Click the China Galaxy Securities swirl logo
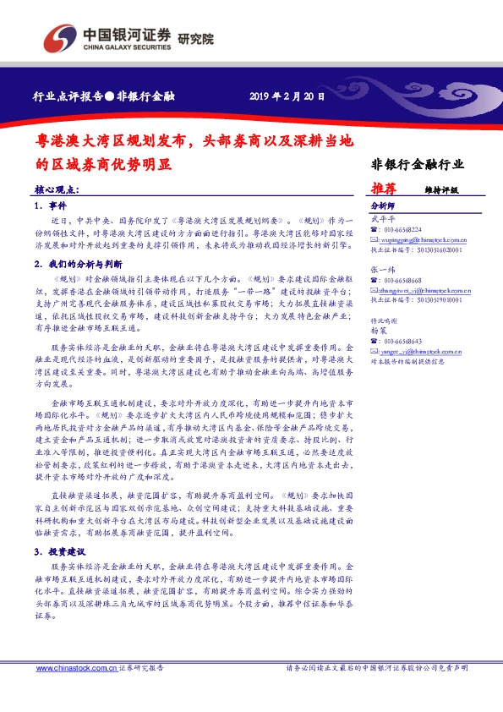pyautogui.click(x=58, y=38)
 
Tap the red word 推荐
pyautogui.click(x=384, y=189)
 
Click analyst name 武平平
pyautogui.click(x=383, y=219)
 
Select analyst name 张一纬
pyautogui.click(x=383, y=269)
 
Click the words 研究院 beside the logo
pyautogui.click(x=195, y=40)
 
